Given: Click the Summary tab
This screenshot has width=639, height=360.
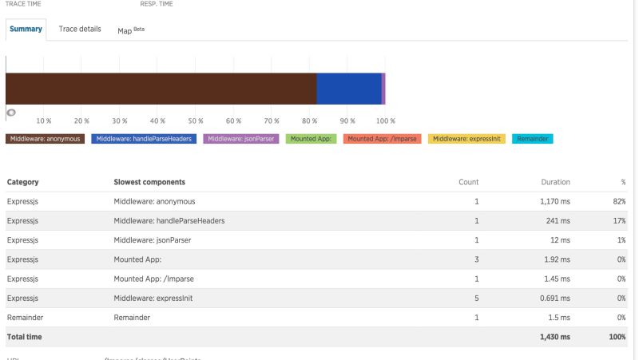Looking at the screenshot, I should click(26, 30).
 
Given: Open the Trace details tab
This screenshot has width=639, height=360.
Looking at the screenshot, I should click(80, 30).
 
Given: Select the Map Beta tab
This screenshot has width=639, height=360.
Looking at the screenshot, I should click(131, 30).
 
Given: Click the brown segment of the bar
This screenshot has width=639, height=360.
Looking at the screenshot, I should click(161, 89).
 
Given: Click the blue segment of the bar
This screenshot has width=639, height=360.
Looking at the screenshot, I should click(348, 89).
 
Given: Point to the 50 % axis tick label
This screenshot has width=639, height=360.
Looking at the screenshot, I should click(196, 121).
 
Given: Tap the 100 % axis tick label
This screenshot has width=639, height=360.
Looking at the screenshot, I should click(386, 121).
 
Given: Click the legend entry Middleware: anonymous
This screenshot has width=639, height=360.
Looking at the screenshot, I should click(46, 139).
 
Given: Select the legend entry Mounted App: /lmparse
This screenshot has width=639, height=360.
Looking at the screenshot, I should click(383, 139).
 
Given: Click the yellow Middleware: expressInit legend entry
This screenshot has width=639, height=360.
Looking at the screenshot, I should click(466, 139).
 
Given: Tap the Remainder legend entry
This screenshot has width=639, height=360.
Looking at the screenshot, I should click(532, 139).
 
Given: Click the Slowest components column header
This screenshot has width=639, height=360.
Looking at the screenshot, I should click(150, 182).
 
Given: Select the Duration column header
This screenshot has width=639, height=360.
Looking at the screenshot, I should click(555, 182).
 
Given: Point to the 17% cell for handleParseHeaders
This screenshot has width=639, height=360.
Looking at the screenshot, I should click(619, 220).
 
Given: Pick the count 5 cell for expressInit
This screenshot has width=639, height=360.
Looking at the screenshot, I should click(476, 298).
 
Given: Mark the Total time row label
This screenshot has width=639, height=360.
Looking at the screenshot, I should click(24, 337).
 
